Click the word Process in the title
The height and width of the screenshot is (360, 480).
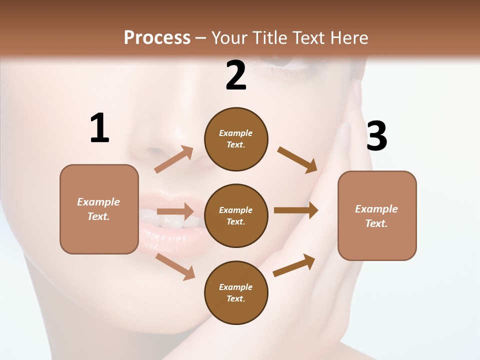157,37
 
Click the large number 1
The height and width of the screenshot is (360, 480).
99,128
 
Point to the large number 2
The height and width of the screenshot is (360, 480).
236,75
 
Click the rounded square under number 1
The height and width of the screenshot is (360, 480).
99,209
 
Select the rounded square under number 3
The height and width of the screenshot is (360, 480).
377,215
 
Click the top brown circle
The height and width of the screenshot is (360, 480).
236,139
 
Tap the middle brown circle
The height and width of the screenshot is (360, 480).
236,215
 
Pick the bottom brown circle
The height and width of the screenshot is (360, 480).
236,292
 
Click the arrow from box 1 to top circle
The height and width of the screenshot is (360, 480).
174,159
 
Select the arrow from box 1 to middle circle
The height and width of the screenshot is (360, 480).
175,211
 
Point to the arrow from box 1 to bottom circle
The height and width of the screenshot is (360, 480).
175,266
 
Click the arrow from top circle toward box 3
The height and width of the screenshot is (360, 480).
297,159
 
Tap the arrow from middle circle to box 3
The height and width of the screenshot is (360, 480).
296,210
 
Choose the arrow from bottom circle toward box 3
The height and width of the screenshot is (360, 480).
294,265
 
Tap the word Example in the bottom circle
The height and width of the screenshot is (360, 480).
236,287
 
